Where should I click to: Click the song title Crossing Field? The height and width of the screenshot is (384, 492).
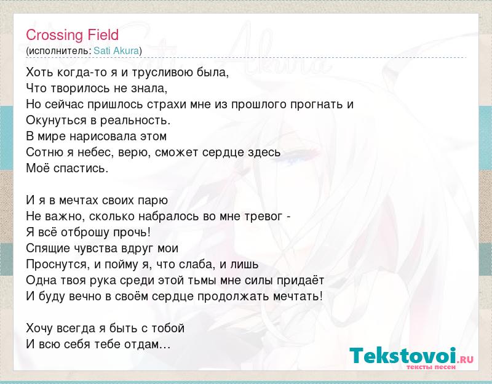tap(72, 35)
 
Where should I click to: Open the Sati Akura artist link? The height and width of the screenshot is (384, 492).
tap(116, 50)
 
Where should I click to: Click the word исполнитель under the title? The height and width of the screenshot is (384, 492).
tap(59, 51)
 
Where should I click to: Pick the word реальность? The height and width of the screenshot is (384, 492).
tap(135, 121)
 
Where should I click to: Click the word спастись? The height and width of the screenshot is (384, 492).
tap(81, 169)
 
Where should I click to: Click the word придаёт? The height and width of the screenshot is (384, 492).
tap(300, 281)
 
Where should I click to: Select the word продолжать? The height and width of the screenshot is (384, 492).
tap(233, 297)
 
